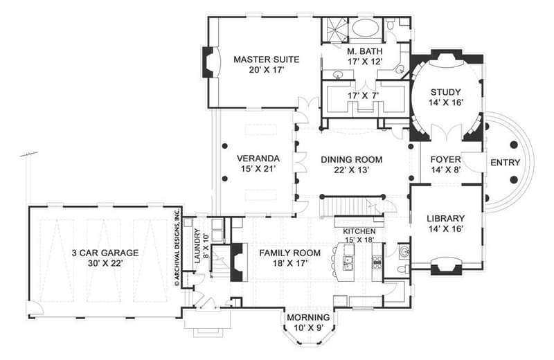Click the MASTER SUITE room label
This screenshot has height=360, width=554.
click(x=260, y=60)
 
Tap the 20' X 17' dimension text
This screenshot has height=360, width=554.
click(x=260, y=71)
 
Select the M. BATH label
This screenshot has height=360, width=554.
click(x=361, y=51)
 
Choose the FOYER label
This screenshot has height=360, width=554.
click(x=445, y=159)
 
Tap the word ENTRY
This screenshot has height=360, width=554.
click(x=505, y=163)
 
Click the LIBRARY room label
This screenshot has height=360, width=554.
click(x=445, y=217)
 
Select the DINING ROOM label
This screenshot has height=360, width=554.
click(x=351, y=159)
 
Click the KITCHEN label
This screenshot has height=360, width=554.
click(x=358, y=231)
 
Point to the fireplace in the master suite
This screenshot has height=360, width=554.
click(x=208, y=62)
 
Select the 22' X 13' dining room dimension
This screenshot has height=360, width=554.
click(x=351, y=170)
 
